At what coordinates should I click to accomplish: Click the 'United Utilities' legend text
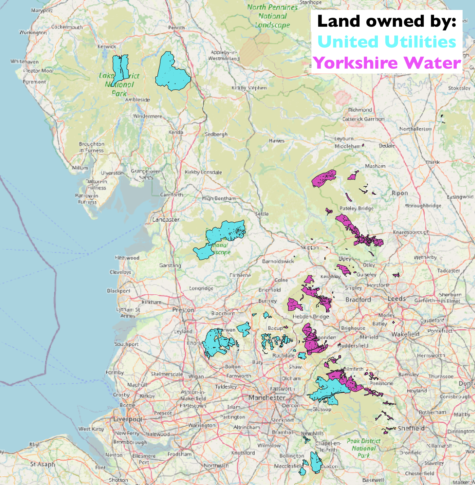387,42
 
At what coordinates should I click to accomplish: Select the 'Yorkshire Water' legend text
387,63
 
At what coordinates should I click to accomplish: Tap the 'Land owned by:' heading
387,21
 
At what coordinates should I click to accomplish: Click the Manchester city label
267,397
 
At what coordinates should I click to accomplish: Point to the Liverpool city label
128,419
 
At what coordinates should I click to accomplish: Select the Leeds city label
397,299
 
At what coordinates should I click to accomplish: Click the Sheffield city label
411,428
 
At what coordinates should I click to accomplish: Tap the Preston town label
183,310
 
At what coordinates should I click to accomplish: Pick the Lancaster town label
166,220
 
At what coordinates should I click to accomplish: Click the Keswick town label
107,47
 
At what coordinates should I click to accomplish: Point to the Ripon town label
400,193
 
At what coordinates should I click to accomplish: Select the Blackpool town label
119,291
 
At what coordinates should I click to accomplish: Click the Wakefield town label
405,334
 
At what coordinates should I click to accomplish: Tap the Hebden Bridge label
311,316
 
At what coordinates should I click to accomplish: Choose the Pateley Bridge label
356,208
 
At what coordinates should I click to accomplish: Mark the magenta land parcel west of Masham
324,179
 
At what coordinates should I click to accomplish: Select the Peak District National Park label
364,448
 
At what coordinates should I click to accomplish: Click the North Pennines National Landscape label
273,16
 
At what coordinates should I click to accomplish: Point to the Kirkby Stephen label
249,88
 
